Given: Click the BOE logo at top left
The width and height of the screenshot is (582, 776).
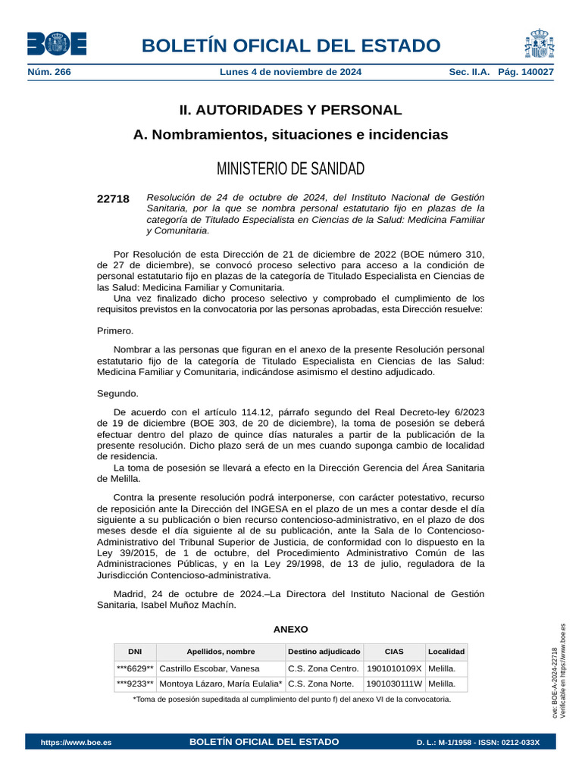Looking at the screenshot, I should click(x=57, y=44).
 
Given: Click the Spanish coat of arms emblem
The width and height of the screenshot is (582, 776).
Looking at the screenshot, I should click(x=538, y=44).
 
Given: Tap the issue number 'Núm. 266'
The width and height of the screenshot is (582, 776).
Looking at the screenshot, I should click(x=48, y=72).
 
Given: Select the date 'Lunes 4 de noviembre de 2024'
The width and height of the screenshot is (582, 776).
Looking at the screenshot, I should click(x=290, y=72).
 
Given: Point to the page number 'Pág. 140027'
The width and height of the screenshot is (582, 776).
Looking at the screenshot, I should click(x=525, y=72).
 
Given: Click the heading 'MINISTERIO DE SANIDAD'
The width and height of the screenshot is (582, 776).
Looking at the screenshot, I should click(x=290, y=168).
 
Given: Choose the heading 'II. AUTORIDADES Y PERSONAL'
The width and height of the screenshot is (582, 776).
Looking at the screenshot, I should click(x=290, y=110).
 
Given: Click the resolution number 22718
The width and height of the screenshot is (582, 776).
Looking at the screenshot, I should click(x=113, y=199).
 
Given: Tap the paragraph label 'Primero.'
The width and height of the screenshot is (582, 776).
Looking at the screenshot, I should click(x=115, y=330).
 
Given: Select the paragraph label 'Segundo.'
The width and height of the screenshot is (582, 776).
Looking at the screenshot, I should click(x=117, y=393).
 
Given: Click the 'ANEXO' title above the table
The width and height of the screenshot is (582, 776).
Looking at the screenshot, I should click(x=290, y=629).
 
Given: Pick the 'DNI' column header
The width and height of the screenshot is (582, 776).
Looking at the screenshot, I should click(x=135, y=652).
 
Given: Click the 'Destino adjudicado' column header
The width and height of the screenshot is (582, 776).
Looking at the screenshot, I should click(x=324, y=652).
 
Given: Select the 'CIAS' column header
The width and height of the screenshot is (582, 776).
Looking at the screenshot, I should click(x=394, y=652).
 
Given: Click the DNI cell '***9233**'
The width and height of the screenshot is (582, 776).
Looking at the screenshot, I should click(x=135, y=684).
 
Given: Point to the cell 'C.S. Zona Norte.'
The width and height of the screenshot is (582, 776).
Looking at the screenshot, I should click(x=321, y=684).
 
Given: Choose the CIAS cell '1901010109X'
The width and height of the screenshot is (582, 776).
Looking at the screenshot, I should click(x=394, y=668).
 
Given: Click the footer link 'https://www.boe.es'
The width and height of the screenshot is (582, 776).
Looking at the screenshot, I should click(x=76, y=742).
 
